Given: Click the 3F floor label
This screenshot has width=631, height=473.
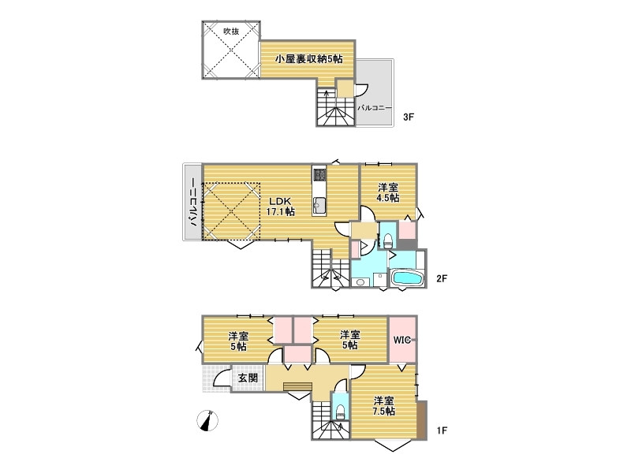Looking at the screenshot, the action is (409, 117).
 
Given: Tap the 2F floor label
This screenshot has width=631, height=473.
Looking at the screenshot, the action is (442, 278).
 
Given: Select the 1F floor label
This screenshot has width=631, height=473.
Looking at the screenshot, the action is (442, 430).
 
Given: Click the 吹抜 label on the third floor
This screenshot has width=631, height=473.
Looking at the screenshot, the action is (231, 31).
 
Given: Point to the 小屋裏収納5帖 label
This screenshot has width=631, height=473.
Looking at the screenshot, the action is (308, 59).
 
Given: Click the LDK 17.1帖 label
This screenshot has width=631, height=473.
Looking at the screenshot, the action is (280, 207).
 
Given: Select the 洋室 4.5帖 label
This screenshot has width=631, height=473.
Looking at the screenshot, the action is (388, 192).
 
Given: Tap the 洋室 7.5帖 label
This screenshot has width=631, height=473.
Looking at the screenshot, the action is (383, 406).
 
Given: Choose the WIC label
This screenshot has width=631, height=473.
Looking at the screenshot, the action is (401, 341).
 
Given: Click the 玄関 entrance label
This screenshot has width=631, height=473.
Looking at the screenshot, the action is (248, 378).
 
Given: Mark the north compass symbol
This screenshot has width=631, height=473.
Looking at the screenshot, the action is (207, 421).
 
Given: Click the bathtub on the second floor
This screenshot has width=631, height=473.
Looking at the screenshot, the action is (406, 278).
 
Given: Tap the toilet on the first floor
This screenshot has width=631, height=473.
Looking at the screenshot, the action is (340, 412).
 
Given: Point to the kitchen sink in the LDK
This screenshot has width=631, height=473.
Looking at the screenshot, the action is (319, 206).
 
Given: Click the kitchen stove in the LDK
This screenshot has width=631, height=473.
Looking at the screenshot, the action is (319, 174).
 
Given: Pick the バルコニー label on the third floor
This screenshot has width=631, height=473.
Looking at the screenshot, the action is (374, 108).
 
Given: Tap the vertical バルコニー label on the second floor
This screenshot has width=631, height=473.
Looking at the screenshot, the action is (193, 202).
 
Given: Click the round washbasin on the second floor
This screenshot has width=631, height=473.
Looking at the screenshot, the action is (360, 283).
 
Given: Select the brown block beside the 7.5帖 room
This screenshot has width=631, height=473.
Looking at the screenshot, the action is (422, 420).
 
